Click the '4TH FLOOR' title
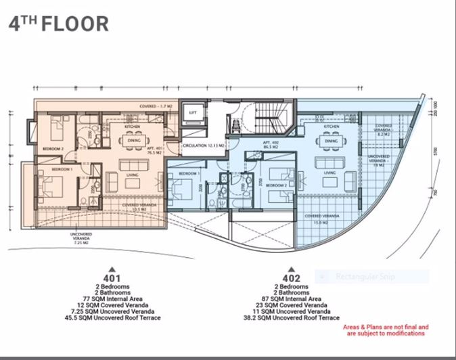click(58, 23)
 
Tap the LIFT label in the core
click(193, 113)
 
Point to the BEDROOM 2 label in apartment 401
click(53, 148)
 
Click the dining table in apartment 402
click(331, 141)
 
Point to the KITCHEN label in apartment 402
click(331, 127)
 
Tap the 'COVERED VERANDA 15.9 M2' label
click(315, 218)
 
